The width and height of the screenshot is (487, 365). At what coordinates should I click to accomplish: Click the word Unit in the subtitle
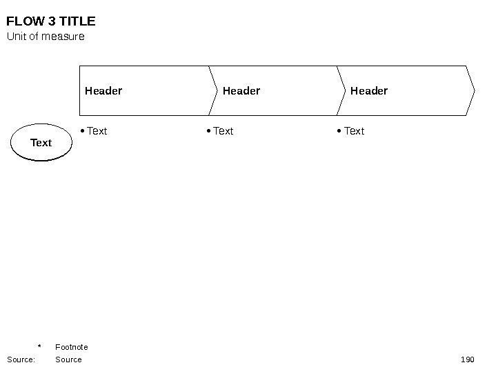coord(16,37)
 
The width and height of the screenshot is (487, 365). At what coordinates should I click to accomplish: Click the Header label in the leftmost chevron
coord(103,90)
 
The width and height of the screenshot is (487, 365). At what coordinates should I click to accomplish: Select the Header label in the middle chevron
coord(241,90)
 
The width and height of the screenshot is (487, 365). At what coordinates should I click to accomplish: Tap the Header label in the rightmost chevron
coord(369,90)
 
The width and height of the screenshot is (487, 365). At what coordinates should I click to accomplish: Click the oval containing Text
coord(41,143)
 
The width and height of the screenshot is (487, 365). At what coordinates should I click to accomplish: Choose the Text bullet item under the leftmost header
coord(97,131)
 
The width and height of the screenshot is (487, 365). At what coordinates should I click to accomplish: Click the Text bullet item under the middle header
coord(223,131)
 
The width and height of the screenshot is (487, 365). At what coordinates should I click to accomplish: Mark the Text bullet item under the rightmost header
coord(354,131)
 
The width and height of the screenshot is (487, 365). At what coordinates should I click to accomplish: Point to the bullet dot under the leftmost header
coord(82,131)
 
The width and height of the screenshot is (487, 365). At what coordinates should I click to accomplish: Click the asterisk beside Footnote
coord(39,347)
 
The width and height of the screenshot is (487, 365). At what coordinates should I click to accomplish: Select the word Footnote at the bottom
coord(72,347)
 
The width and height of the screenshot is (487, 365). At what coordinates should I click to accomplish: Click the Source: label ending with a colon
coord(21,359)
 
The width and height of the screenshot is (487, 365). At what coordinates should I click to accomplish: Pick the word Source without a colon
coord(68,359)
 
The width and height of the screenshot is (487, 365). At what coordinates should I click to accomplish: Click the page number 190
coord(467,359)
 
